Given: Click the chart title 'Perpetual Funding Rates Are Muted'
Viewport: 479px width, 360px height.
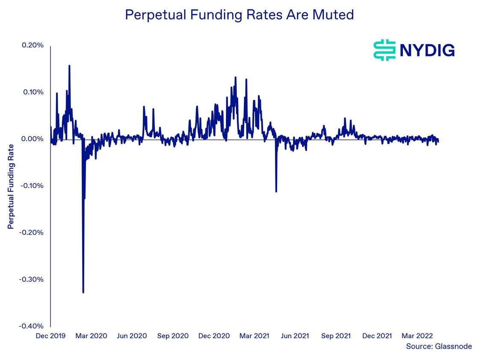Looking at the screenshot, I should pyautogui.click(x=239, y=15).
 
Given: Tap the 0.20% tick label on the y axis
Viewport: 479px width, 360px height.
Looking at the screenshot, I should pyautogui.click(x=33, y=45).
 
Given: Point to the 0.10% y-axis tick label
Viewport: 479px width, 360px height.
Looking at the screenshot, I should pyautogui.click(x=33, y=92).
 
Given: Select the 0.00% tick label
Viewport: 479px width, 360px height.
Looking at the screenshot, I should pyautogui.click(x=33, y=139).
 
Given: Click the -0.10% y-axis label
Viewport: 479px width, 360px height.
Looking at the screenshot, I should pyautogui.click(x=32, y=186).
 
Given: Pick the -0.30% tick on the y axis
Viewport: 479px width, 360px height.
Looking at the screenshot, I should pyautogui.click(x=32, y=279).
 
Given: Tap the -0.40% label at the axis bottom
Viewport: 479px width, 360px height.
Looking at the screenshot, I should pyautogui.click(x=32, y=326).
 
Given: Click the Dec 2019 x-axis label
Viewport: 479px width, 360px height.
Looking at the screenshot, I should pyautogui.click(x=51, y=336).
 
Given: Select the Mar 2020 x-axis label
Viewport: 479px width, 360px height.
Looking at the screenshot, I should pyautogui.click(x=92, y=336).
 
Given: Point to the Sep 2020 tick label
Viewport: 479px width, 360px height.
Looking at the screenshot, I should pyautogui.click(x=173, y=336).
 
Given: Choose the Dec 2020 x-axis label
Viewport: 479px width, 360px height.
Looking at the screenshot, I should pyautogui.click(x=213, y=336).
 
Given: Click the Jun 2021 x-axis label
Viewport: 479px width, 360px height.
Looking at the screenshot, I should pyautogui.click(x=295, y=336).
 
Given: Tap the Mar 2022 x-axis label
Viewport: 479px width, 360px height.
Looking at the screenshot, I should pyautogui.click(x=417, y=336).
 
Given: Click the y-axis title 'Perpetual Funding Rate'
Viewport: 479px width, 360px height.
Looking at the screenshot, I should pyautogui.click(x=11, y=186).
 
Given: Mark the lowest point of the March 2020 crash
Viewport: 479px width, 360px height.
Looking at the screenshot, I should pyautogui.click(x=83, y=292).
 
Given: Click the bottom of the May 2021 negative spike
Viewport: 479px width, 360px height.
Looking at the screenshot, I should pyautogui.click(x=276, y=191).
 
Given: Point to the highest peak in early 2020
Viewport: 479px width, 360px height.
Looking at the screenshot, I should pyautogui.click(x=69, y=66).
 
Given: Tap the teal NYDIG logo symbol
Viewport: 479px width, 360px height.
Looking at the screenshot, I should pyautogui.click(x=384, y=50).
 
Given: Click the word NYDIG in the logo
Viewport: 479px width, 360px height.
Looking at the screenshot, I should pyautogui.click(x=426, y=50).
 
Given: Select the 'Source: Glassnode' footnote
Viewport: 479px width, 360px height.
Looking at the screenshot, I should pyautogui.click(x=438, y=347).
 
